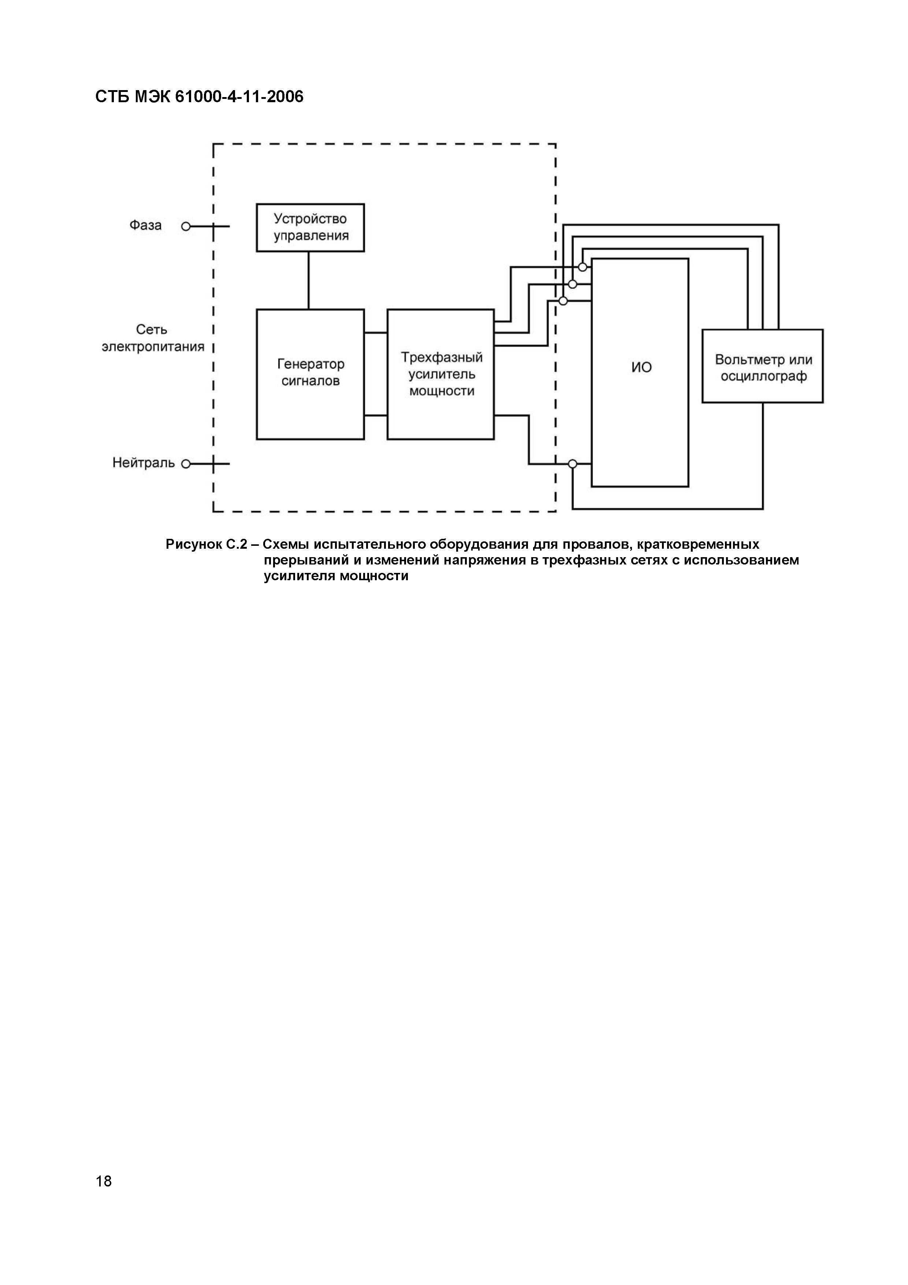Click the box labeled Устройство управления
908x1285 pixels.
pyautogui.click(x=310, y=227)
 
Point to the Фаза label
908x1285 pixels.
pyautogui.click(x=145, y=226)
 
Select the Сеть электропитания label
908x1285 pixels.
pyautogui.click(x=153, y=338)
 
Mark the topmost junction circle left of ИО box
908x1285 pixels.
pyautogui.click(x=583, y=267)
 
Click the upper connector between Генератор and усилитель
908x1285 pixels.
pyautogui.click(x=375, y=333)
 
